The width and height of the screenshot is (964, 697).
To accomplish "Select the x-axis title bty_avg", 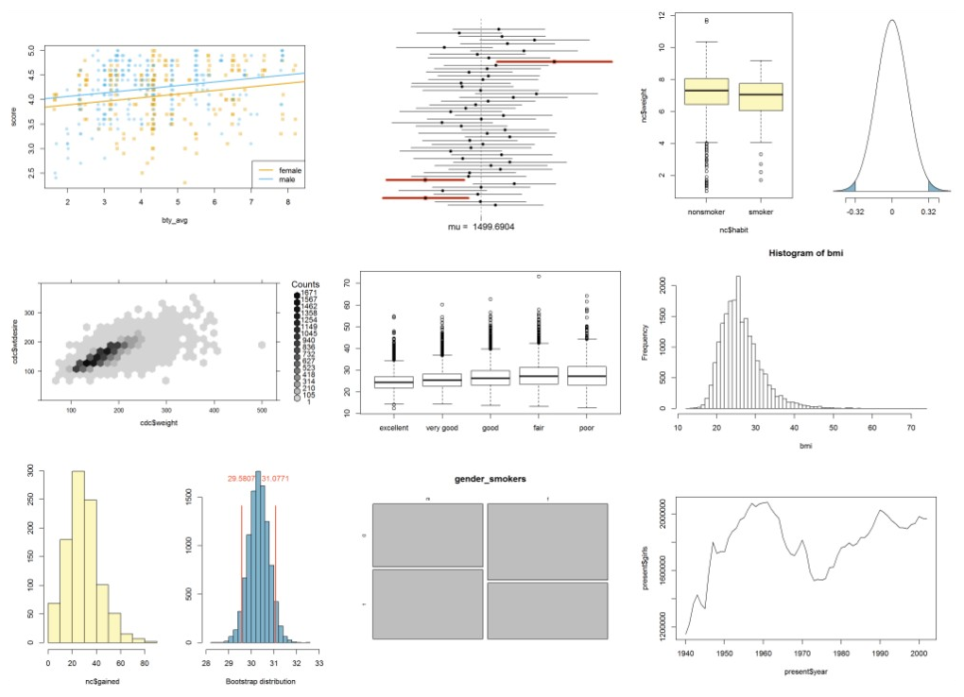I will (x=173, y=223).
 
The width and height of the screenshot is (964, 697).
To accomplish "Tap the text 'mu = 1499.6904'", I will (x=481, y=227).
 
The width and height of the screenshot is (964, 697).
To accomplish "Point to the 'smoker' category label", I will (x=759, y=212).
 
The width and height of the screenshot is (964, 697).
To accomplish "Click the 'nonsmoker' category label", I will (x=706, y=212).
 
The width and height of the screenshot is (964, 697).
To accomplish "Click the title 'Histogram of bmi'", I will (x=798, y=254).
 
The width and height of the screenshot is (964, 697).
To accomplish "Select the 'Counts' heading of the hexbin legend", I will (x=306, y=284).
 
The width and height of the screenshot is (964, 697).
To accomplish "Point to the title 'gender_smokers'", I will (x=489, y=479).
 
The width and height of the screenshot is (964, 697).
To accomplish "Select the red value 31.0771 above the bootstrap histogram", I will (x=277, y=479).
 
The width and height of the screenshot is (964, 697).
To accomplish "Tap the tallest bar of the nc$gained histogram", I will (x=77, y=557).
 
